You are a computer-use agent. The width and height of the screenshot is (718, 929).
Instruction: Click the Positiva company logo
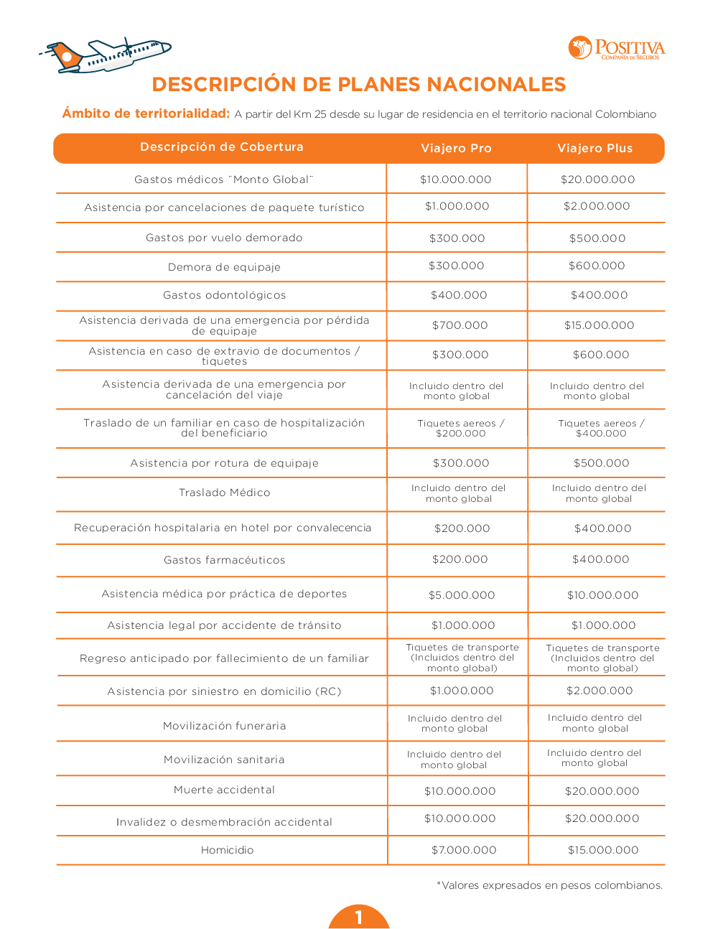[x=616, y=48]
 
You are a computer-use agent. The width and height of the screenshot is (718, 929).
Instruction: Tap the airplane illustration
[x=106, y=56]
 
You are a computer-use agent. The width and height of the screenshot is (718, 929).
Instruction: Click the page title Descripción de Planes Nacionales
[x=358, y=85]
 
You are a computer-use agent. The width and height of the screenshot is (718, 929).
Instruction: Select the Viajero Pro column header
[x=456, y=149]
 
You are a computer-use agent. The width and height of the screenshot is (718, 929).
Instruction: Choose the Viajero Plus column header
[x=595, y=149]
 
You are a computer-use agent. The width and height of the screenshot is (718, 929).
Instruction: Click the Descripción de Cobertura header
[x=221, y=147]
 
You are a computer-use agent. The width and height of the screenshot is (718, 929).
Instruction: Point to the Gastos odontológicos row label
[x=224, y=295]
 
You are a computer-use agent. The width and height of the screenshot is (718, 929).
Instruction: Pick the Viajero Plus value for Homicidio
[x=603, y=850]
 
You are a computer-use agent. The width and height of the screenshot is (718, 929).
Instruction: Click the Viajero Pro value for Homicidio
[x=464, y=850]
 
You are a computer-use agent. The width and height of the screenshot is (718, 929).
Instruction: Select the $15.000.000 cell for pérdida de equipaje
[x=599, y=325]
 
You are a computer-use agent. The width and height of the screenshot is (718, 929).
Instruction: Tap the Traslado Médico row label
[x=224, y=492]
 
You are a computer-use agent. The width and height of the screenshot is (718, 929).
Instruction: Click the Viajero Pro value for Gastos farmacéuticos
[x=460, y=559]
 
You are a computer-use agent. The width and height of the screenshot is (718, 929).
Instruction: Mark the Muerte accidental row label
[x=224, y=790]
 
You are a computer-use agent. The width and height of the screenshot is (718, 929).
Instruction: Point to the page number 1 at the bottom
[x=358, y=917]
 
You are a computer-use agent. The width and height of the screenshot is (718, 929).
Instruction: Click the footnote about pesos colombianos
[x=549, y=885]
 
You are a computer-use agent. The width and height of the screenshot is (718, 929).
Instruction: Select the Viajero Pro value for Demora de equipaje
[x=456, y=266]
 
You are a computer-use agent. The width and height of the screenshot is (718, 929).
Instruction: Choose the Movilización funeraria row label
[x=224, y=726]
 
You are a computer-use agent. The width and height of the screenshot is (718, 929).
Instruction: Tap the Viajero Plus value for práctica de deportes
[x=602, y=595]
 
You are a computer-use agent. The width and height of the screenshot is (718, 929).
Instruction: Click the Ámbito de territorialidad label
[x=146, y=113]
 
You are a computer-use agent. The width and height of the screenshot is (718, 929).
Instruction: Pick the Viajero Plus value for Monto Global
[x=597, y=179]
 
